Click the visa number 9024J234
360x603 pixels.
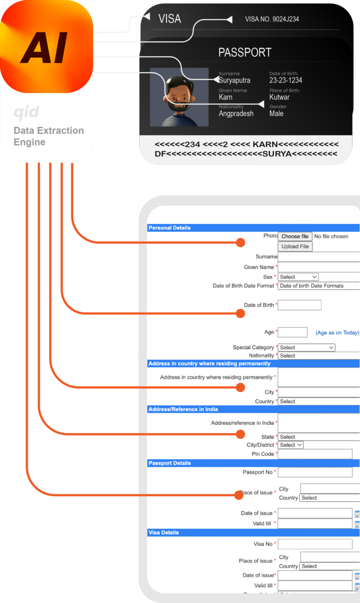pos(272,19)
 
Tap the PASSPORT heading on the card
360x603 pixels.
pos(245,52)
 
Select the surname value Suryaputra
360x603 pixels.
pos(234,81)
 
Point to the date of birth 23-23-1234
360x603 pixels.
pos(285,81)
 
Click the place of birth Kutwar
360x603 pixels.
pos(279,97)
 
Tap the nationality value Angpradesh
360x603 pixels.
pos(236,114)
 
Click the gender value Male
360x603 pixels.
pos(276,114)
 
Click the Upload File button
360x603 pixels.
pos(295,246)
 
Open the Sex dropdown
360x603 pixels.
pos(298,277)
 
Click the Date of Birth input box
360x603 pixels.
pos(300,305)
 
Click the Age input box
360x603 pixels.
pos(292,332)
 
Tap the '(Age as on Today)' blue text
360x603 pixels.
pos(337,333)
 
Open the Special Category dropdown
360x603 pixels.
pos(307,348)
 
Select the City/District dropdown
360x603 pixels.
pos(291,445)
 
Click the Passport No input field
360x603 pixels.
pos(315,472)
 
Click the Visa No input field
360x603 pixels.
pos(315,544)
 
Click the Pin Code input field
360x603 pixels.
pos(315,454)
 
